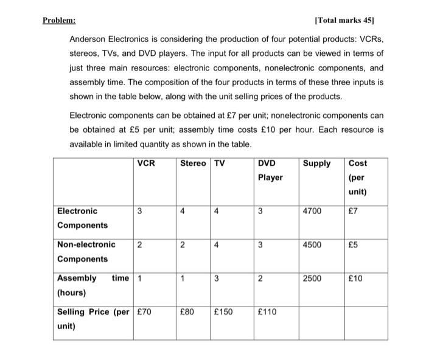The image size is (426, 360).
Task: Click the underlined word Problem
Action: click(x=59, y=20)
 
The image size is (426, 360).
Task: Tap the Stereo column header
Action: click(x=193, y=164)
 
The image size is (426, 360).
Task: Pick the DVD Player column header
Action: click(x=270, y=170)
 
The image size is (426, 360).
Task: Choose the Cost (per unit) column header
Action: click(x=358, y=177)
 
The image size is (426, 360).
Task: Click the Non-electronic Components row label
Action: click(x=86, y=252)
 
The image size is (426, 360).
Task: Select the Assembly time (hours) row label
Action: click(x=91, y=285)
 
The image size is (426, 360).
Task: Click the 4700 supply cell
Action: click(x=313, y=212)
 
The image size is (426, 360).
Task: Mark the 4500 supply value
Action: click(x=313, y=245)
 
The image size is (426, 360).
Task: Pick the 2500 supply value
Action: click(x=313, y=279)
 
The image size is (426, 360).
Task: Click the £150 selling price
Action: click(x=226, y=312)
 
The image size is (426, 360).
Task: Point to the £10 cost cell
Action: click(x=357, y=279)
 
